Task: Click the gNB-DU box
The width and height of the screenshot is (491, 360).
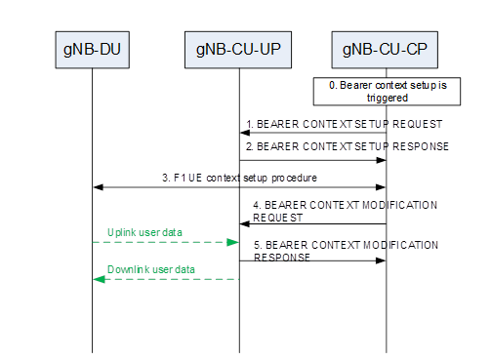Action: pos(92,48)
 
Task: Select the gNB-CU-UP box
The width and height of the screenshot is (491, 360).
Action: pos(239,48)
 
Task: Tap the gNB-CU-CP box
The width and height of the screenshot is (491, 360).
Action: pos(387,48)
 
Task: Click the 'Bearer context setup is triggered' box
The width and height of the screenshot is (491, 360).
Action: pos(387,92)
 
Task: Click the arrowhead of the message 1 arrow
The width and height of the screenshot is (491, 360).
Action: pos(244,135)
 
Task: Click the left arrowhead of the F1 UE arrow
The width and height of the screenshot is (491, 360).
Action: pos(97,187)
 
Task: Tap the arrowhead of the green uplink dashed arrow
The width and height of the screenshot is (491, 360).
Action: pos(234,241)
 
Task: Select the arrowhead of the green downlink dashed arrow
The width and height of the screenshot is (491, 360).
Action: pos(97,279)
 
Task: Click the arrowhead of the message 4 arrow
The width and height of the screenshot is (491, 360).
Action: pos(244,224)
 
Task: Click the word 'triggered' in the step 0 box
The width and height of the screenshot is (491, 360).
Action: pos(387,99)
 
